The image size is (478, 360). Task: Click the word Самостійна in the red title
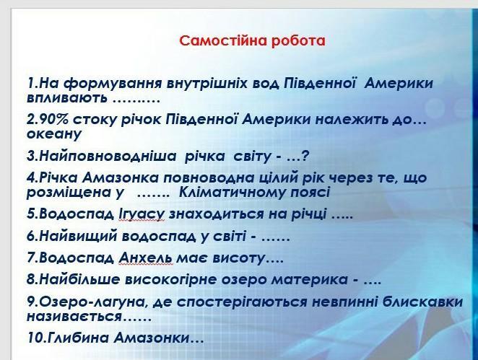coord(222,40)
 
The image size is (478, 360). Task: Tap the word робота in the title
coord(297,41)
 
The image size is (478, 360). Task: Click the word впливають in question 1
coord(67,98)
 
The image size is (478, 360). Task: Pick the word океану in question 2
coord(54,134)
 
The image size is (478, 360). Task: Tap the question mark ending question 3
coord(305,156)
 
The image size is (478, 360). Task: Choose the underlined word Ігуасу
coord(142,214)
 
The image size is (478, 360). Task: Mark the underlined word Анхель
coord(145,258)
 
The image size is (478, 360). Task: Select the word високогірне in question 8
coord(171,280)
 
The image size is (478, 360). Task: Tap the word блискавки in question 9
coord(422,302)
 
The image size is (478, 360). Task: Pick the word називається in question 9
coord(74,317)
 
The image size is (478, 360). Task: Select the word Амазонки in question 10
coord(152,338)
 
